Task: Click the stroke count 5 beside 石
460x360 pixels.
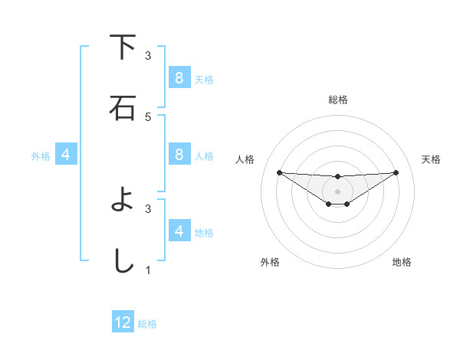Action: click(x=148, y=116)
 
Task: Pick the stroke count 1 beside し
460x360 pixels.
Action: click(x=148, y=270)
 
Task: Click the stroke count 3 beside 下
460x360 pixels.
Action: click(x=148, y=55)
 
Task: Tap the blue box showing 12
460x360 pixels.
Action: click(x=123, y=322)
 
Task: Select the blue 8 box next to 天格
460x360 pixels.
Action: click(x=179, y=78)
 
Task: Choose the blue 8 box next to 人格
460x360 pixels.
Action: click(x=179, y=155)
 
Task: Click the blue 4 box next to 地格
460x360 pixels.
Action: click(x=179, y=231)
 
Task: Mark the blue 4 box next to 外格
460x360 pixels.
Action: click(x=66, y=155)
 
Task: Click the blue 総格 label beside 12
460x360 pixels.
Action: click(x=147, y=324)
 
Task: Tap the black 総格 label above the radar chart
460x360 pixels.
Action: click(x=338, y=100)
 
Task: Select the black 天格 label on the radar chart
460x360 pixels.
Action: click(x=431, y=159)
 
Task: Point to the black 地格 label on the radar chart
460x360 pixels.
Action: click(x=402, y=262)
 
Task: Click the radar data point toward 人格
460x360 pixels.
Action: click(x=279, y=172)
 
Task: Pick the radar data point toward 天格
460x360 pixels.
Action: click(x=396, y=172)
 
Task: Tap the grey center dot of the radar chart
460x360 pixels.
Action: click(x=337, y=191)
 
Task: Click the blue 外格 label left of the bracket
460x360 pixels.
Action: click(x=41, y=155)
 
